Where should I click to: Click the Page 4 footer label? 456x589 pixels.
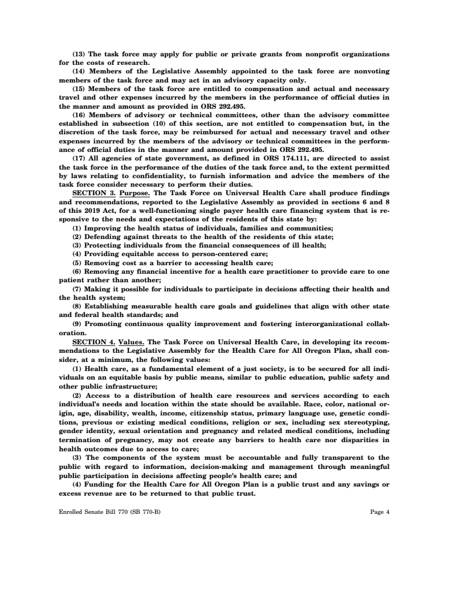[380, 512]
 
